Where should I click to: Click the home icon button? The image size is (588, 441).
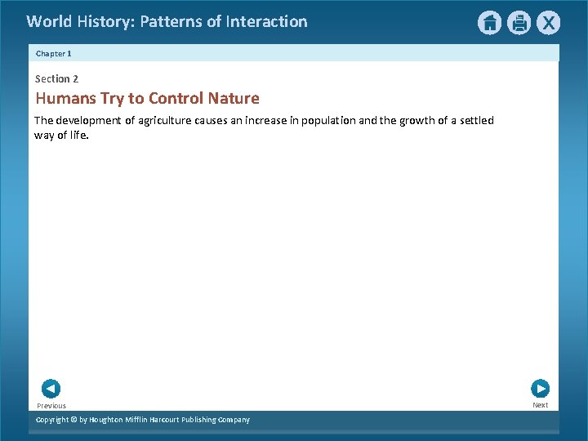pos(489,23)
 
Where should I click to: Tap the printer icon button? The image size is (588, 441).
pos(519,23)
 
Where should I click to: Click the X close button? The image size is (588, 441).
pos(548,23)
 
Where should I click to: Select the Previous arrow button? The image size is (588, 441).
pos(51,389)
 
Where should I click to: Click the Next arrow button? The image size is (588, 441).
pos(540,389)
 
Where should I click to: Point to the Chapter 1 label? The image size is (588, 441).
pos(54,53)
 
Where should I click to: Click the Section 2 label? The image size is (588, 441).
pos(56,79)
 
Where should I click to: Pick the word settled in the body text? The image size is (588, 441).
pos(476,121)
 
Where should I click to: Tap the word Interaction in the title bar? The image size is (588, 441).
pos(267,22)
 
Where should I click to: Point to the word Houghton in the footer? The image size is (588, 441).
pos(109,420)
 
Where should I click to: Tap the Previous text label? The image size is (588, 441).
pos(51,406)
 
